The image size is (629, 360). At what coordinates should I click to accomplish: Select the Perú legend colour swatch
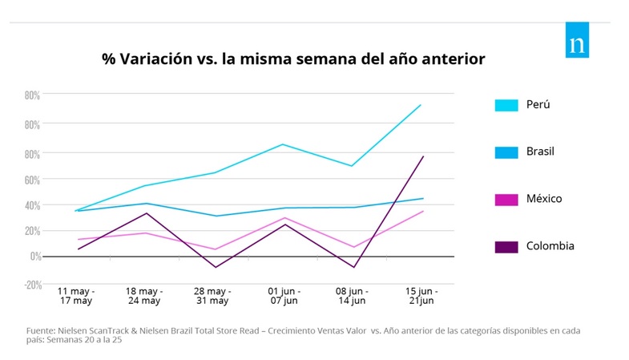coord(506,105)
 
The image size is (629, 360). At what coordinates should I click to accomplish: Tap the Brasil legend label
coord(540,152)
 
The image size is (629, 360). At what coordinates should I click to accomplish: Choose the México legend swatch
coord(506,199)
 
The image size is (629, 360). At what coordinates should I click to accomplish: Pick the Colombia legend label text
coord(550,245)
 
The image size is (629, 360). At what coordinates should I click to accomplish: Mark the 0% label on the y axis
coord(34,257)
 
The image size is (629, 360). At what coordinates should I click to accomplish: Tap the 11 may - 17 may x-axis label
coord(76,296)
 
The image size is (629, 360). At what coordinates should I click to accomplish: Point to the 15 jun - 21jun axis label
coord(422,296)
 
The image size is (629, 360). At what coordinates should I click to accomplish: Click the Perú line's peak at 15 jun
coord(421,104)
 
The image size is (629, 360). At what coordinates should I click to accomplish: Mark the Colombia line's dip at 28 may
coord(215,267)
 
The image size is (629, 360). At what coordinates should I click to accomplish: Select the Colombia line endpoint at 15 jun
coord(423,156)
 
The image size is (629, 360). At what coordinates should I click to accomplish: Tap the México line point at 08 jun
coord(353,247)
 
